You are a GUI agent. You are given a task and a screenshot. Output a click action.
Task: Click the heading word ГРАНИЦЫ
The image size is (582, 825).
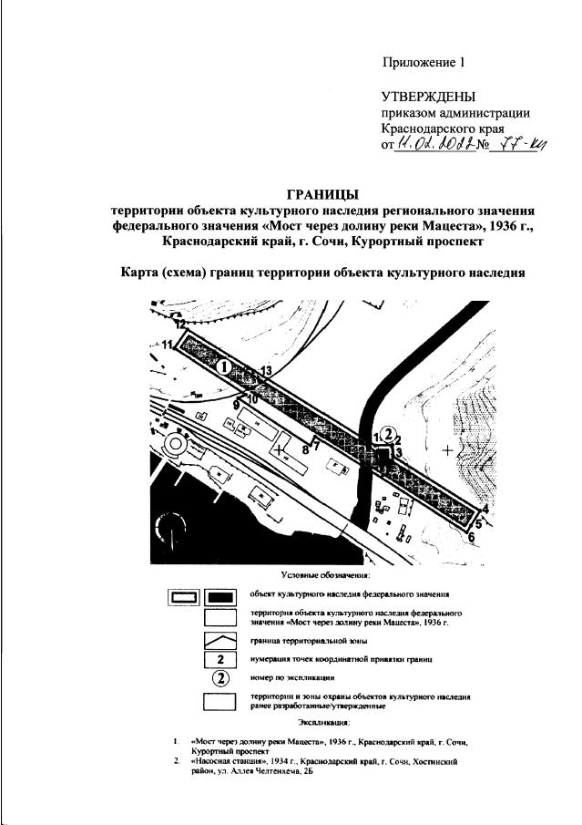[x=322, y=193]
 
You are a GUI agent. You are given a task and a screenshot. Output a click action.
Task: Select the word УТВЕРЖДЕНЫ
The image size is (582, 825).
[x=428, y=98]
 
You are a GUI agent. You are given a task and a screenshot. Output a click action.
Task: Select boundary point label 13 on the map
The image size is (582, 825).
[x=266, y=369]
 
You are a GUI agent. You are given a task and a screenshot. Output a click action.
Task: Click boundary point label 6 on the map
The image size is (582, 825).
[x=472, y=537]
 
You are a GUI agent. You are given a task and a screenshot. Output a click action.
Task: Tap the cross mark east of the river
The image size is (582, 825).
[x=447, y=451]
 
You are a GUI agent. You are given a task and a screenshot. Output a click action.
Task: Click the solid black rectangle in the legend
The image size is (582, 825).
[x=222, y=597]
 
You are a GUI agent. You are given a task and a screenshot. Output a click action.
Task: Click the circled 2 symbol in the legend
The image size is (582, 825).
[x=222, y=677]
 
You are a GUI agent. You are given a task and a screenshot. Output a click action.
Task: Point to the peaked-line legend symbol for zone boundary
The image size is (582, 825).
[x=222, y=640]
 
